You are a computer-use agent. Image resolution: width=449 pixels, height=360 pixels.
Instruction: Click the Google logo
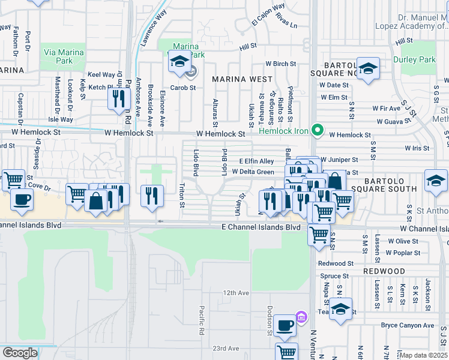20,353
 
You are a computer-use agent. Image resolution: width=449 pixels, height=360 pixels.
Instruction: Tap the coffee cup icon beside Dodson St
285,325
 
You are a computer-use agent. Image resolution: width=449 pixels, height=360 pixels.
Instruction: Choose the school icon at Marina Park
179,61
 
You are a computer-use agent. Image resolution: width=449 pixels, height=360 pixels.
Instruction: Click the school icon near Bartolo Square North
368,67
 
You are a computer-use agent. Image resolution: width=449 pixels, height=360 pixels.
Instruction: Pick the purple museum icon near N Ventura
301,316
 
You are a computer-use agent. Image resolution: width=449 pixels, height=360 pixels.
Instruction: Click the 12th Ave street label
236,293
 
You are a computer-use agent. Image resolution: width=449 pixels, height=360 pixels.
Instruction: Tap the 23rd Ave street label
226,348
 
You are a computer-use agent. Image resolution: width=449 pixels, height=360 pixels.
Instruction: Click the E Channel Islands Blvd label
261,227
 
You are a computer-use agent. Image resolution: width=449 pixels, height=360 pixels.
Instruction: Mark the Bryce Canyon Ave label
407,325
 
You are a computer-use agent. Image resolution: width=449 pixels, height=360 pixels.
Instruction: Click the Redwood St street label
336,263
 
